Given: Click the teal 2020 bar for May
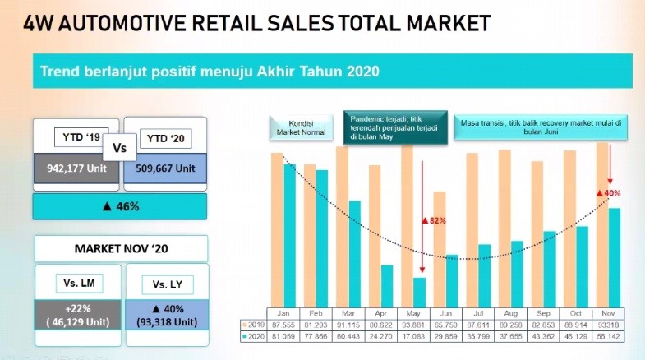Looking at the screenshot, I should coord(420,292).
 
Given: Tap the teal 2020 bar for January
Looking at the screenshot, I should coord(288,234).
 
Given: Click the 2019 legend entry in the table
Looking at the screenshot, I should coord(254,325).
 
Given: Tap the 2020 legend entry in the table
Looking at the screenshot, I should coord(254,337).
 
